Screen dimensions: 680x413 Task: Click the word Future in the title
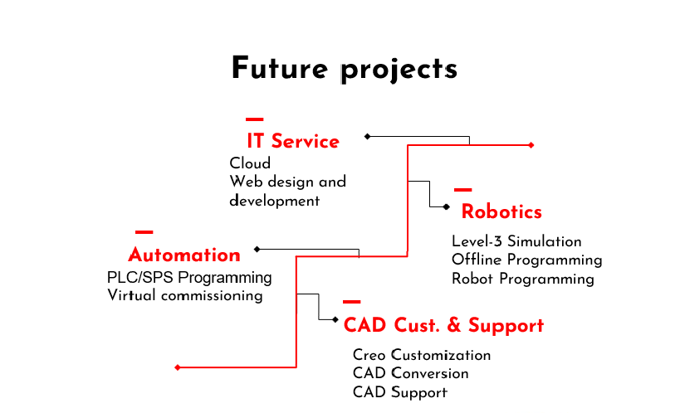(x=280, y=68)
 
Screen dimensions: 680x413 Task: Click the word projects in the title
(x=399, y=70)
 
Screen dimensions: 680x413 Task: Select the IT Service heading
(x=293, y=141)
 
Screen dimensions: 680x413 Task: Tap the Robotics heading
(x=501, y=211)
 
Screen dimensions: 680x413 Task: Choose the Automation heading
(x=184, y=255)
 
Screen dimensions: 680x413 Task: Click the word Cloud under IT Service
(x=250, y=163)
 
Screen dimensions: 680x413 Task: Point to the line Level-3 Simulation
(x=516, y=241)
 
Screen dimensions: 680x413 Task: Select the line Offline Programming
(x=527, y=260)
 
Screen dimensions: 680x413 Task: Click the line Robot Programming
(x=523, y=279)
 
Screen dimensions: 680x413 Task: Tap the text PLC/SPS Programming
(x=189, y=277)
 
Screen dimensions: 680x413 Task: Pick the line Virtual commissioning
(x=185, y=295)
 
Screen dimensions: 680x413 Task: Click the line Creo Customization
(x=422, y=355)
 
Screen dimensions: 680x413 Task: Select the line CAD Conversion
(x=411, y=373)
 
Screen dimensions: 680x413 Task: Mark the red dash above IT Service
(x=255, y=119)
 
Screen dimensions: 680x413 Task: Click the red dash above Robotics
(x=463, y=190)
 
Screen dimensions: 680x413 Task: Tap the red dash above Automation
(x=144, y=232)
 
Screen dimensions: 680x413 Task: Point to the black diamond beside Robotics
(x=446, y=206)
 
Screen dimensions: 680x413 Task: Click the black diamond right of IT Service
(x=367, y=137)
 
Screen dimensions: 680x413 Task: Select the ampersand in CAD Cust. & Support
(x=454, y=325)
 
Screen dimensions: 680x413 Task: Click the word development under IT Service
(x=275, y=201)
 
